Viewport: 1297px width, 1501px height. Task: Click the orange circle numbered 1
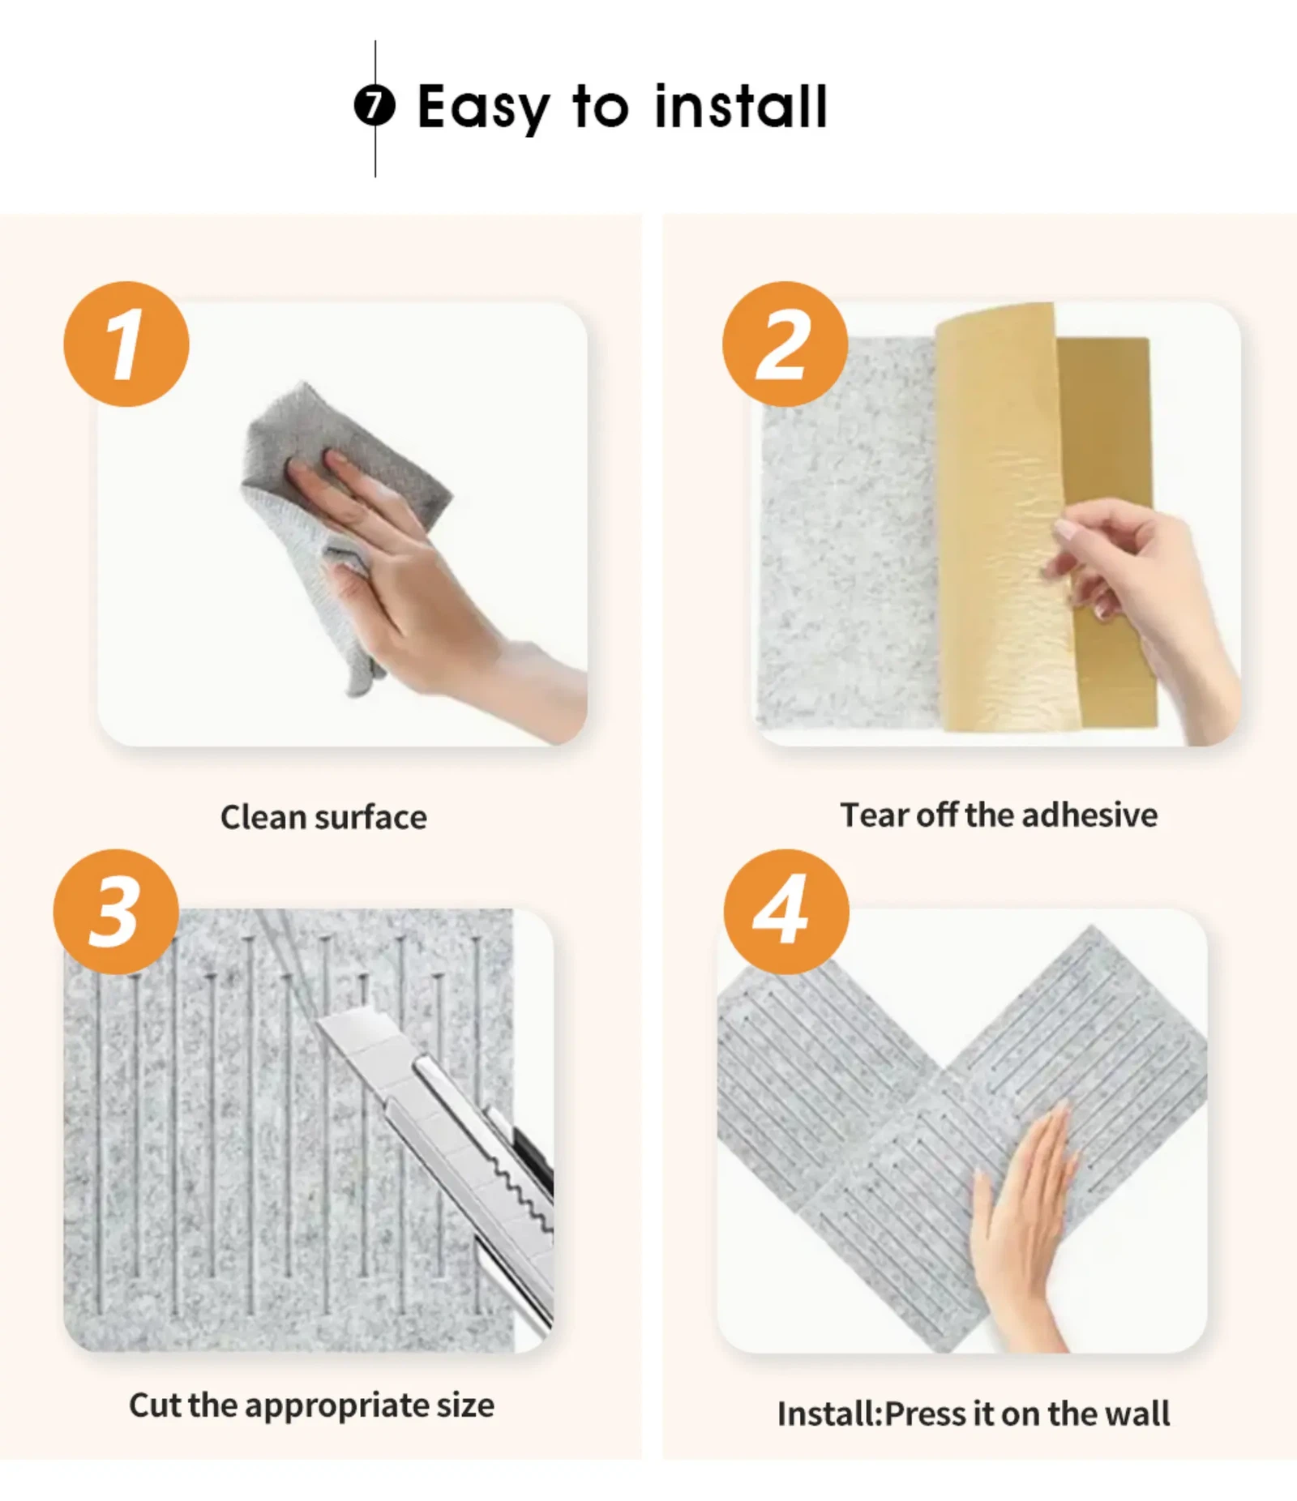[126, 344]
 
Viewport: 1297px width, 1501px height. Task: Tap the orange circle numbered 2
[785, 344]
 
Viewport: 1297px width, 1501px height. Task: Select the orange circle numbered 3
[116, 911]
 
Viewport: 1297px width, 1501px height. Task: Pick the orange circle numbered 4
[785, 911]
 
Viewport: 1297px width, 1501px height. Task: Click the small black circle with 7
[375, 106]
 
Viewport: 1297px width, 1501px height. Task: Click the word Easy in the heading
[483, 108]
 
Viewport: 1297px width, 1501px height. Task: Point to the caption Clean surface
[323, 817]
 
